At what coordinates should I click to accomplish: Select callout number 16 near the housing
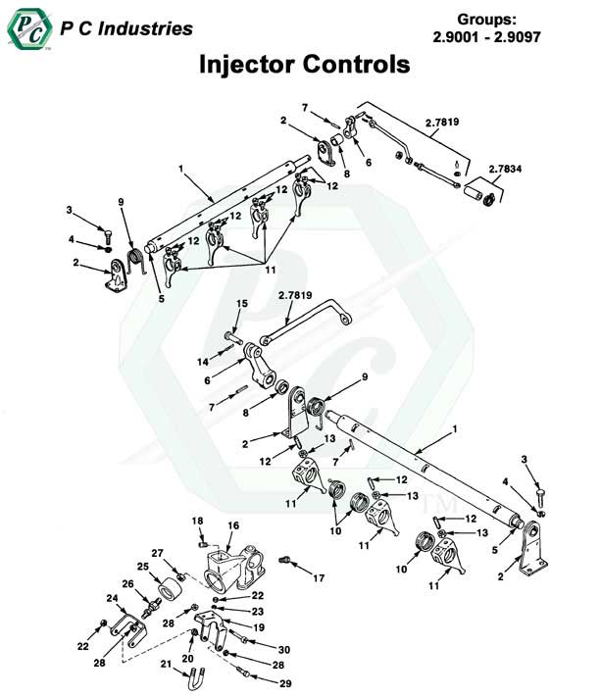[233, 526]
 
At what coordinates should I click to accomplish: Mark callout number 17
[319, 578]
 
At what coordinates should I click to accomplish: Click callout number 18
[196, 520]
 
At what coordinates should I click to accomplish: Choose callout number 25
[142, 567]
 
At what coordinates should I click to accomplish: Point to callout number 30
[284, 650]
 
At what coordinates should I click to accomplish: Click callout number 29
[284, 682]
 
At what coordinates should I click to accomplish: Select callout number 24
[111, 598]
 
